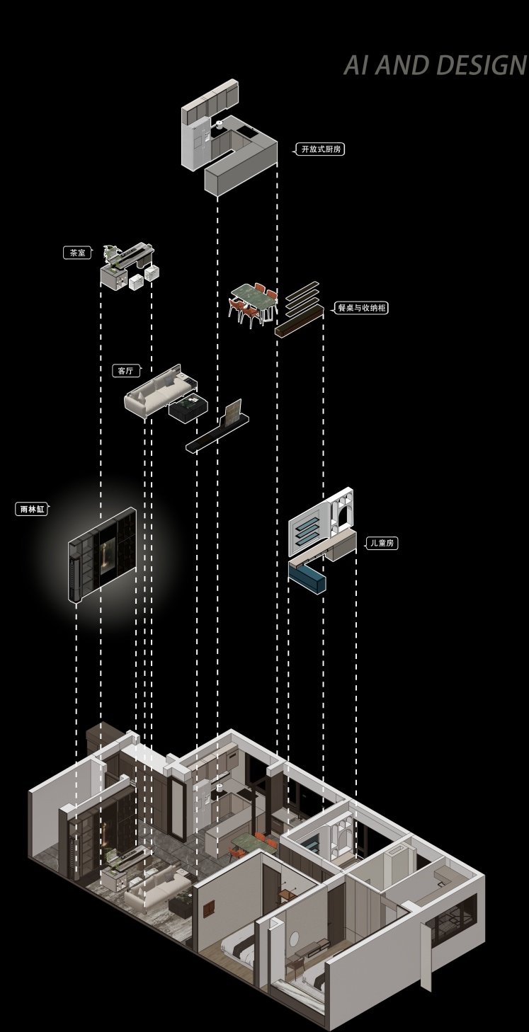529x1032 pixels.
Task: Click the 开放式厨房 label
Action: pyautogui.click(x=321, y=149)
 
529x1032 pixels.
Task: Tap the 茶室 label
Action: pyautogui.click(x=77, y=253)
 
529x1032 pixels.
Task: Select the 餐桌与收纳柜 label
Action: pyautogui.click(x=361, y=307)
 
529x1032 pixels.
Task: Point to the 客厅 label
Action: pyautogui.click(x=125, y=370)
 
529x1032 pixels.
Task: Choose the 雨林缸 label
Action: pyautogui.click(x=32, y=509)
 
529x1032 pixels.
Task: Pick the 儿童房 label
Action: pyautogui.click(x=382, y=543)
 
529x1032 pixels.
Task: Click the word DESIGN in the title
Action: pyautogui.click(x=481, y=65)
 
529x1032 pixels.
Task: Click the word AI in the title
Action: pyautogui.click(x=357, y=65)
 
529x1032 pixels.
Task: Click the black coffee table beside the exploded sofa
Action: pyautogui.click(x=187, y=407)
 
